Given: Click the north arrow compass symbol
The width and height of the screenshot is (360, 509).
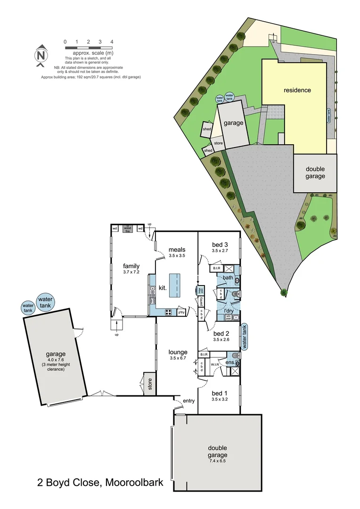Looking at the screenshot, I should click(x=41, y=54).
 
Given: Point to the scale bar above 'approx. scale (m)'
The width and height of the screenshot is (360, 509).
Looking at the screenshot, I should click(x=88, y=48).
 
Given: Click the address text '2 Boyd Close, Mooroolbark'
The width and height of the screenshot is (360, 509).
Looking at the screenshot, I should click(x=100, y=482).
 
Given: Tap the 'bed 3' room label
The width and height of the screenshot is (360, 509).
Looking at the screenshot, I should click(x=220, y=245).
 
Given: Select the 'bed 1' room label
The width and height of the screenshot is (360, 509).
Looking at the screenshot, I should click(x=220, y=393).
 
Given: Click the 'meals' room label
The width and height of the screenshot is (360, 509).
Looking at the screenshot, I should click(x=177, y=250).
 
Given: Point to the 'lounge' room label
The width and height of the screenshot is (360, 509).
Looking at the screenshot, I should click(x=178, y=352).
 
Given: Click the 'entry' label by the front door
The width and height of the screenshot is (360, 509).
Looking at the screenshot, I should click(x=189, y=401).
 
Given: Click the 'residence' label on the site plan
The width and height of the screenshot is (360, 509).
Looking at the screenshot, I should click(x=297, y=90).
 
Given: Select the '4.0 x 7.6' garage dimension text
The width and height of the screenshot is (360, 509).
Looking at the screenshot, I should click(x=53, y=361).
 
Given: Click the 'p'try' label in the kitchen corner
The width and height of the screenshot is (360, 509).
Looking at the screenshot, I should click(x=181, y=312).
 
